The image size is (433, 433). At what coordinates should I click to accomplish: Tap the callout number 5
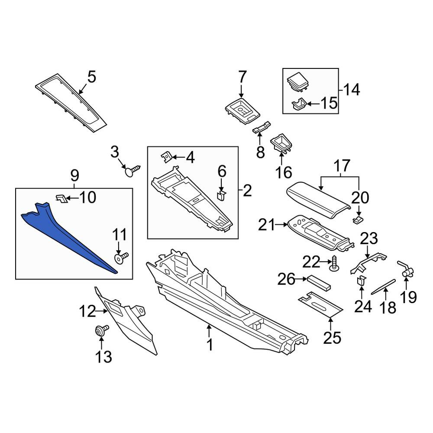[92, 77]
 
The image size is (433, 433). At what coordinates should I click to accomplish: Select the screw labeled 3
[132, 170]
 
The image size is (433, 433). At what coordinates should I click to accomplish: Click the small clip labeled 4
[167, 158]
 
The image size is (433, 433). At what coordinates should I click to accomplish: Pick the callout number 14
[352, 90]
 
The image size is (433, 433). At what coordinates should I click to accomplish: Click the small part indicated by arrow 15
[298, 104]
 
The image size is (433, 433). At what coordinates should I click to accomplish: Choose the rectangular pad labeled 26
[319, 283]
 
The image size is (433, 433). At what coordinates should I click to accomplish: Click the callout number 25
[332, 338]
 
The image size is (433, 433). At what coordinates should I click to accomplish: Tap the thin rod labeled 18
[383, 287]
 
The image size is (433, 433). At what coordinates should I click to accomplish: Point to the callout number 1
[210, 345]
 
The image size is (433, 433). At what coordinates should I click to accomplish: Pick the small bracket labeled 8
[262, 127]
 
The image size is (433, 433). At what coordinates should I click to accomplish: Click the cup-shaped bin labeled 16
[281, 143]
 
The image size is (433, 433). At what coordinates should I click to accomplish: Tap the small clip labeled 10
[61, 198]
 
